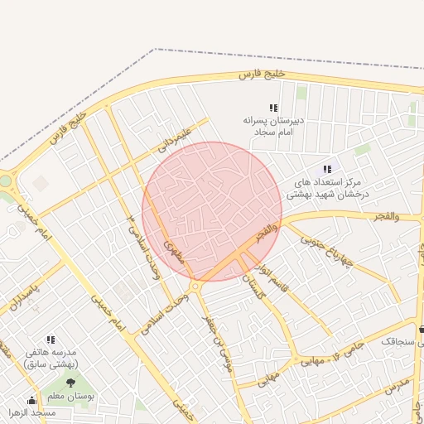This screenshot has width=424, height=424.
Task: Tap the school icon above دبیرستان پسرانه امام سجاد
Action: tap(273, 108)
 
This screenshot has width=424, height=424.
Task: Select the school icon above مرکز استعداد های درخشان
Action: tap(327, 169)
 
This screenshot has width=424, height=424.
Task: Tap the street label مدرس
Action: tap(397, 386)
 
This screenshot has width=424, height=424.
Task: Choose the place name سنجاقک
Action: tap(399, 340)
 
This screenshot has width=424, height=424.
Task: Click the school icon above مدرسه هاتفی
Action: tap(51, 340)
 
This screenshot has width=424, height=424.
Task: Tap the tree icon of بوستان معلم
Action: tap(70, 383)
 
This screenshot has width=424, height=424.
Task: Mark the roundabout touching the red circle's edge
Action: tap(195, 287)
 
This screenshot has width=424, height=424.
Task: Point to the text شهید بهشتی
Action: tap(309, 195)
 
